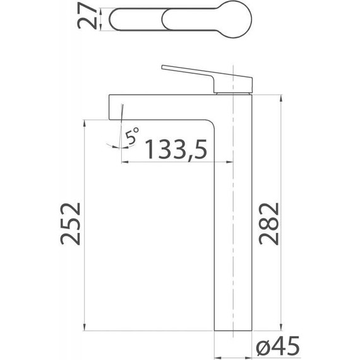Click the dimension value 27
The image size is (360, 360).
pyautogui.click(x=87, y=16)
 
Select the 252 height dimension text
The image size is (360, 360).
pyautogui.click(x=71, y=224)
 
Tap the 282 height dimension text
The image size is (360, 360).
pyautogui.click(x=268, y=224)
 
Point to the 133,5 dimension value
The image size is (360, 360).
pyautogui.click(x=176, y=149)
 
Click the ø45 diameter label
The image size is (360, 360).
pyautogui.click(x=278, y=345)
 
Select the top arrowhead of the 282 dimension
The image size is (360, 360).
pyautogui.click(x=281, y=98)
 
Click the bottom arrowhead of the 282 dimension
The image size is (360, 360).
pyautogui.click(x=281, y=327)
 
